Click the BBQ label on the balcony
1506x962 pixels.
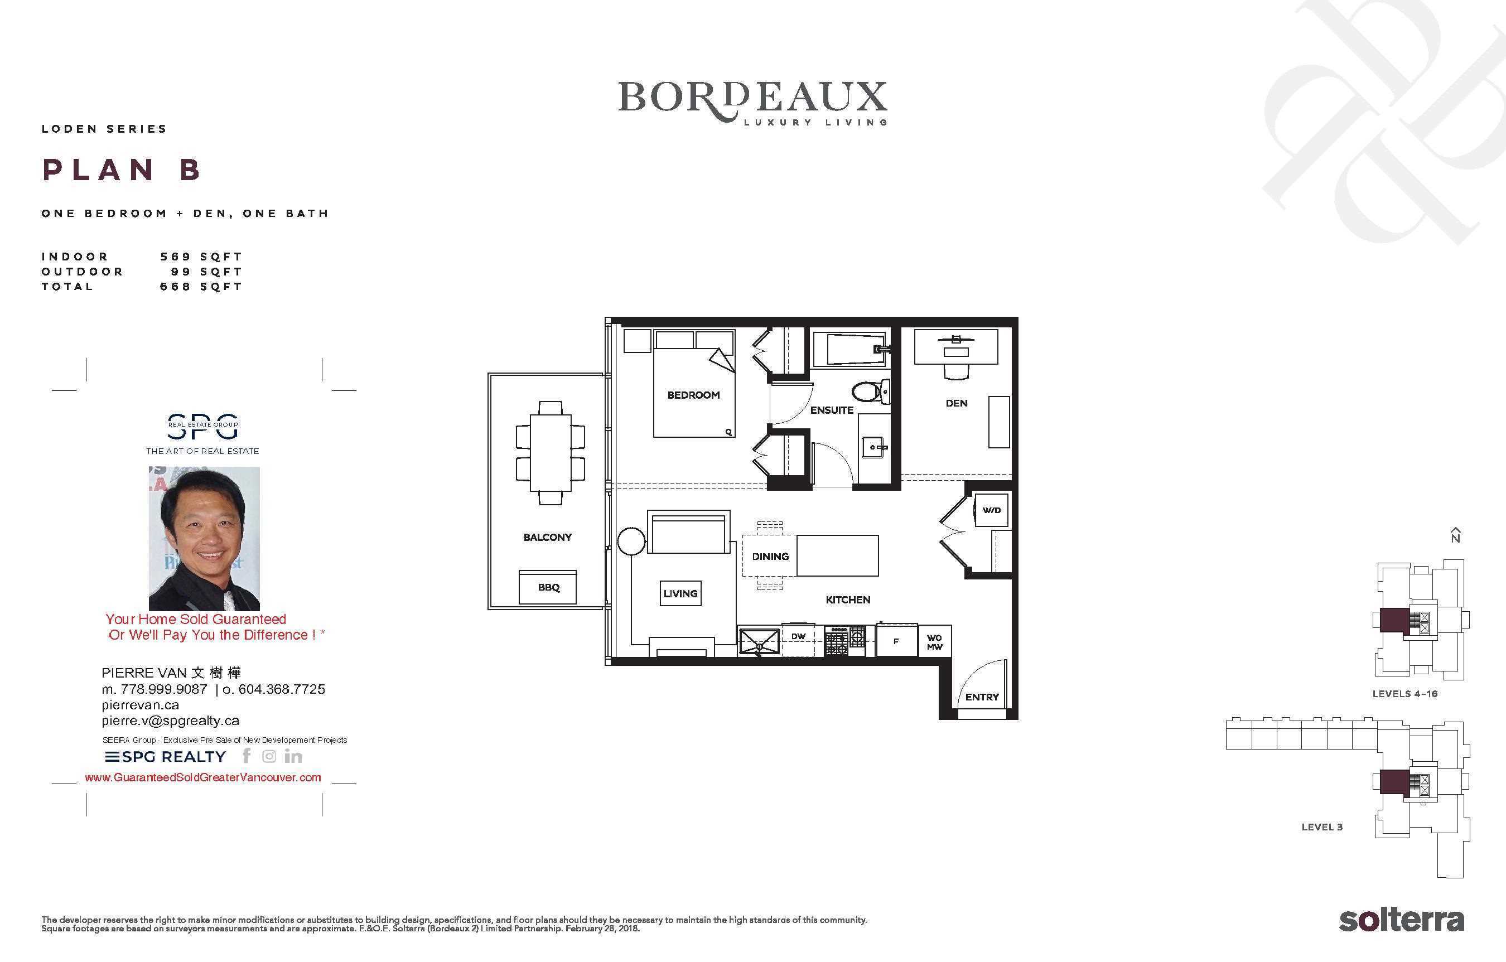tap(548, 587)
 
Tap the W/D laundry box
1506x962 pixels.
tap(991, 510)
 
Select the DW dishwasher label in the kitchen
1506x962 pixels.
tap(798, 636)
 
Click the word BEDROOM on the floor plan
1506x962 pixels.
tap(693, 395)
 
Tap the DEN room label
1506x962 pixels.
tap(956, 403)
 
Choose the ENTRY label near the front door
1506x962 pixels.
tap(982, 697)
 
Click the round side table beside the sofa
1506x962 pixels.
tap(631, 542)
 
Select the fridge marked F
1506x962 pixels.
tap(896, 641)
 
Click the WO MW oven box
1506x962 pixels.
tap(934, 642)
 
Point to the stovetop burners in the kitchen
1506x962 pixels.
tap(844, 641)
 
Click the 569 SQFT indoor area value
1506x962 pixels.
tap(201, 257)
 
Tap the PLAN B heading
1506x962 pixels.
tap(122, 170)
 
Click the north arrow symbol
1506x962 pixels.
tap(1456, 535)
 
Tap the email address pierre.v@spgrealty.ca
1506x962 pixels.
tap(170, 721)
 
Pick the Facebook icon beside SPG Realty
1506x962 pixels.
tap(247, 756)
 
